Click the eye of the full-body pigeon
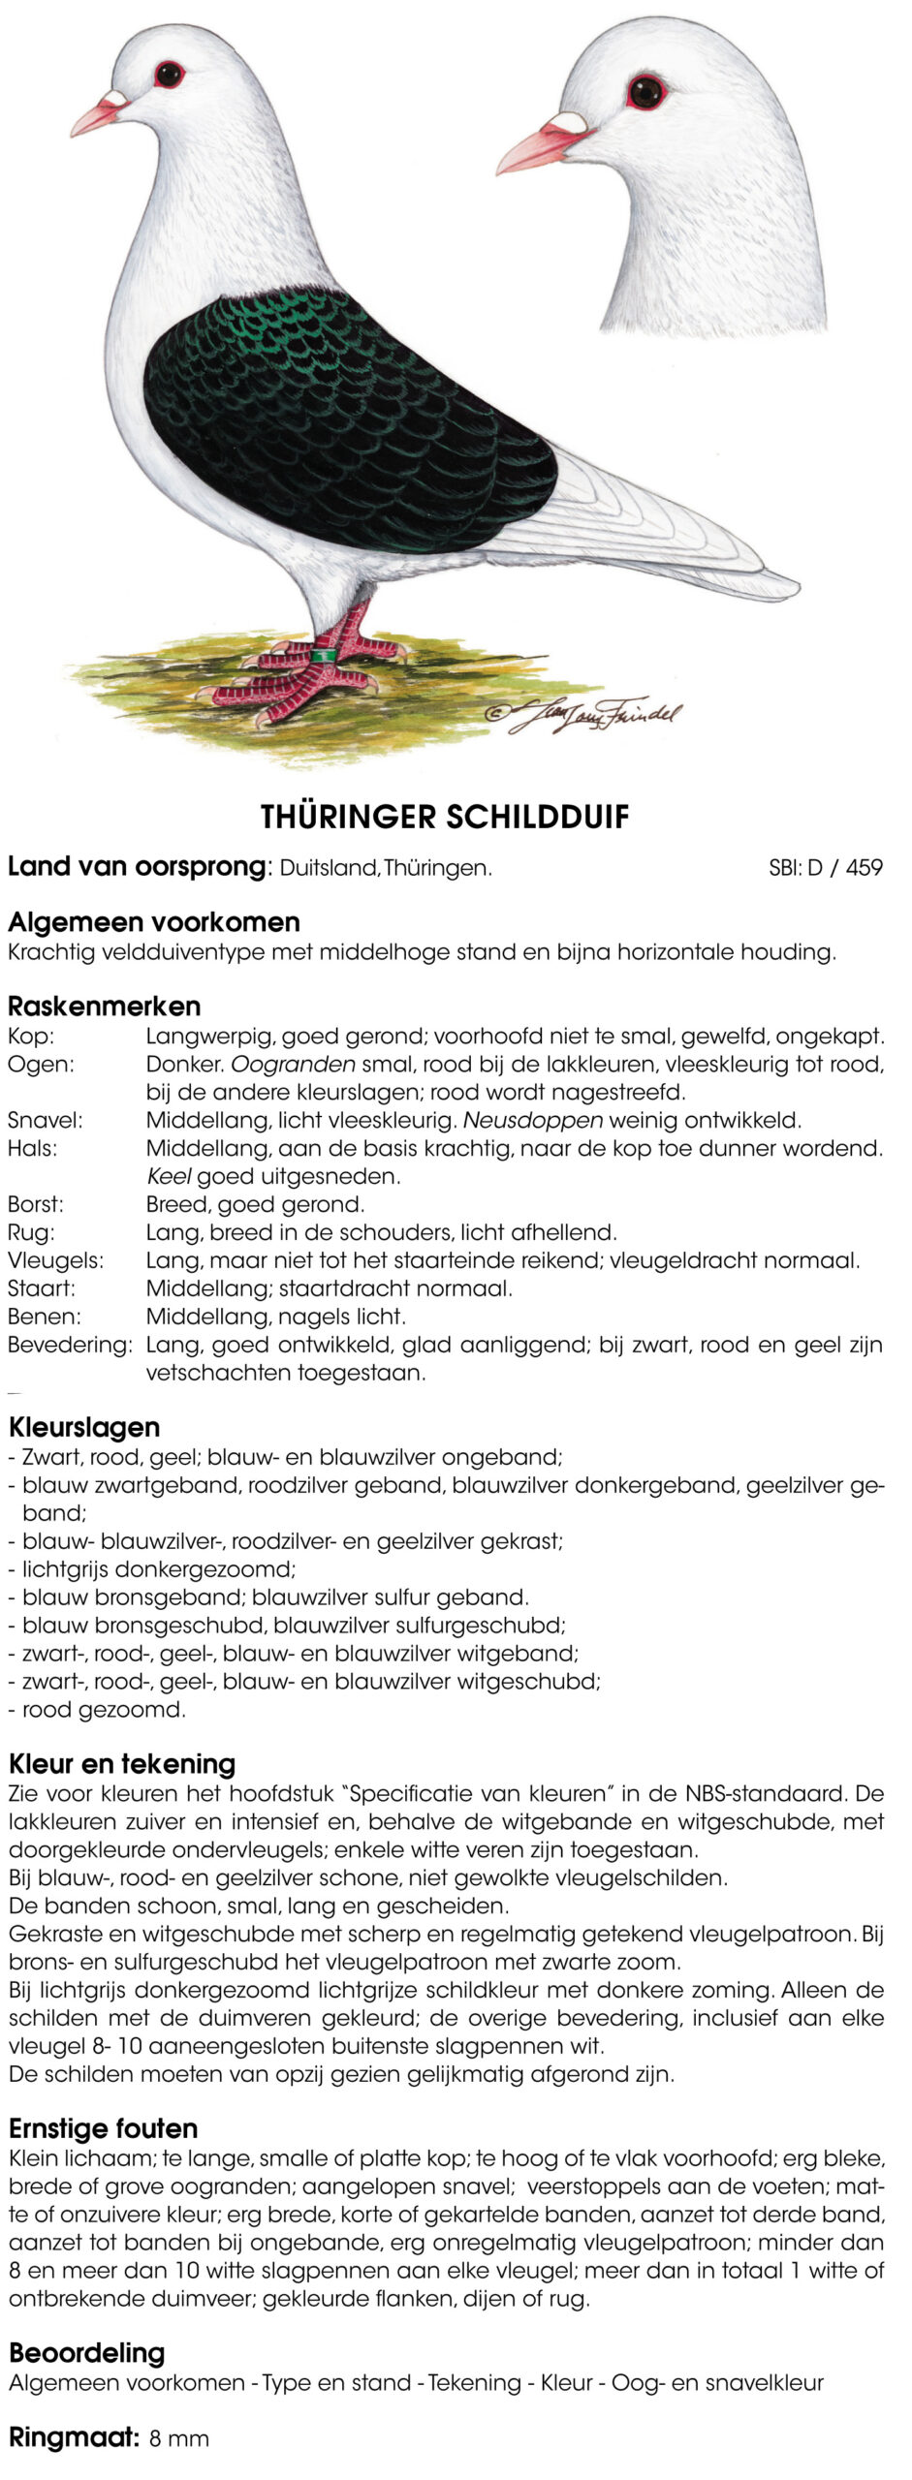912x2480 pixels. pos(169,74)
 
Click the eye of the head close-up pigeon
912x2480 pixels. pos(645,92)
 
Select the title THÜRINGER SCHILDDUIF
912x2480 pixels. pos(445,817)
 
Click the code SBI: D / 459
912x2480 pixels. pos(826,868)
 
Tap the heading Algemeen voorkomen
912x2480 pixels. pos(154,921)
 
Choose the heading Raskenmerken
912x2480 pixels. pos(105,1006)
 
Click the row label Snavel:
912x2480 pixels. pos(46,1121)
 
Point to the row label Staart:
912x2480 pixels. pos(42,1288)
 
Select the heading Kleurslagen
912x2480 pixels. pos(84,1427)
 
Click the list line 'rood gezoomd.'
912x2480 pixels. pos(103,1710)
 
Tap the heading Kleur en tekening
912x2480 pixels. pos(122,1763)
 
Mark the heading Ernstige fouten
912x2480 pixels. pos(104,2128)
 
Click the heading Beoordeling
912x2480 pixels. pos(87,2353)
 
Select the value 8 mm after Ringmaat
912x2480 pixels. pos(179,2439)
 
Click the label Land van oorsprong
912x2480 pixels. pos(137,866)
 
